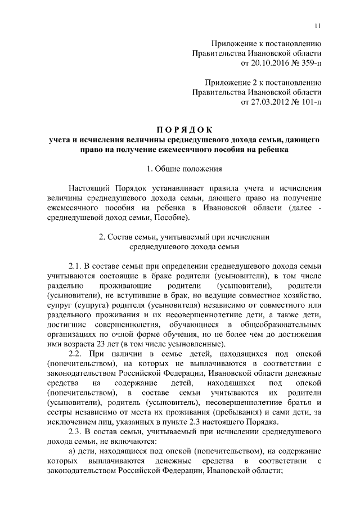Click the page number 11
(x=317, y=25)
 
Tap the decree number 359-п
(x=308, y=62)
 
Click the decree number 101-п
(x=308, y=102)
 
